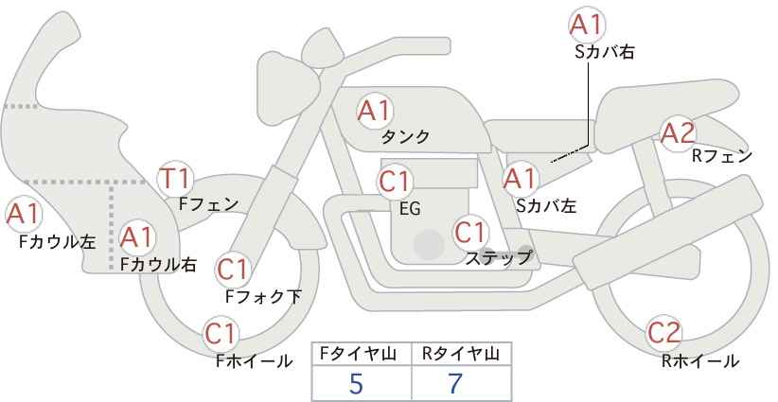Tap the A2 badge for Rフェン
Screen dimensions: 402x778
coord(677,133)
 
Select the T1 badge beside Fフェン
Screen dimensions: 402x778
coord(176,178)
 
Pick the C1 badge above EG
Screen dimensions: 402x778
coord(395,181)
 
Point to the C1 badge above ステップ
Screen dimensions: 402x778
coord(470,232)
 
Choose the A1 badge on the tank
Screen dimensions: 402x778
coord(374,111)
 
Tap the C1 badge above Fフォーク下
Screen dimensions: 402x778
coord(232,270)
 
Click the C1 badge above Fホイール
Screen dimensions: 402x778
coord(221,334)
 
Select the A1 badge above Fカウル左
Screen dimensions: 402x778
coord(23,215)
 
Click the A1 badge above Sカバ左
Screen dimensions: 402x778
coord(519,178)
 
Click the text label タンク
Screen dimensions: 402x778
coord(405,137)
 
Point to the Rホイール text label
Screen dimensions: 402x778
coord(700,360)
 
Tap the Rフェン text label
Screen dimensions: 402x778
coord(722,156)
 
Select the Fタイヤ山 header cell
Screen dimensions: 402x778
coord(362,354)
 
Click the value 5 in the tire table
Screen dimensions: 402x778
coord(356,383)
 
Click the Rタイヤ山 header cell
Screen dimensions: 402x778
coord(461,354)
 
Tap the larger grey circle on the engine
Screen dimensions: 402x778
coord(429,245)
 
